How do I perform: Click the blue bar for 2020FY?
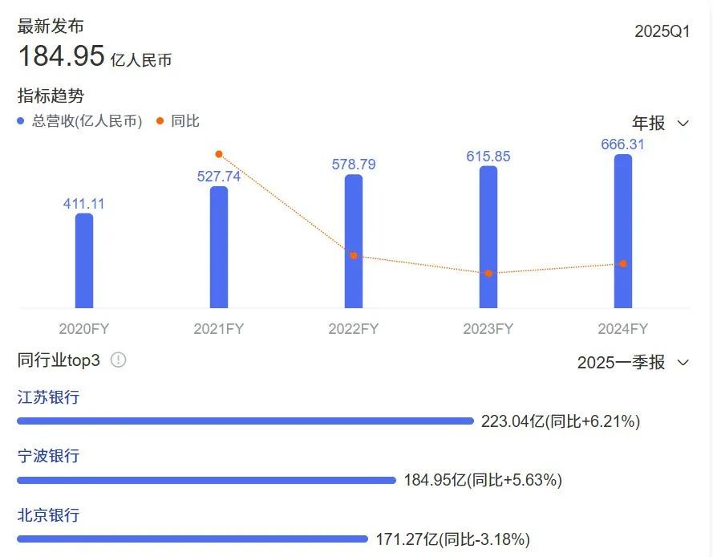point(84,261)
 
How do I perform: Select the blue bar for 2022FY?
point(354,241)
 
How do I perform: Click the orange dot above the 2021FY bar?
point(219,154)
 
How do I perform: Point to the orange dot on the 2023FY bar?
point(488,274)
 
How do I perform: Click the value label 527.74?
point(219,177)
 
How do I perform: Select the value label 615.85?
point(488,157)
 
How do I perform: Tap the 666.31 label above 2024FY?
point(623,144)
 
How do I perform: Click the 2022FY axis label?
point(354,329)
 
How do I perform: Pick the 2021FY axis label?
point(219,329)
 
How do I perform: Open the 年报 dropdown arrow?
point(683,124)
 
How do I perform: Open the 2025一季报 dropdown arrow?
point(683,363)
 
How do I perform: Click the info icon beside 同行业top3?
point(119,360)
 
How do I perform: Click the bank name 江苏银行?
point(49,397)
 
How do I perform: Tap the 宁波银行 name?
point(49,457)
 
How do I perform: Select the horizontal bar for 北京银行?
point(192,539)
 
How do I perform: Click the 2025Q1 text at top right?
point(662,31)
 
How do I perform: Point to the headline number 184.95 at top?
point(62,56)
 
